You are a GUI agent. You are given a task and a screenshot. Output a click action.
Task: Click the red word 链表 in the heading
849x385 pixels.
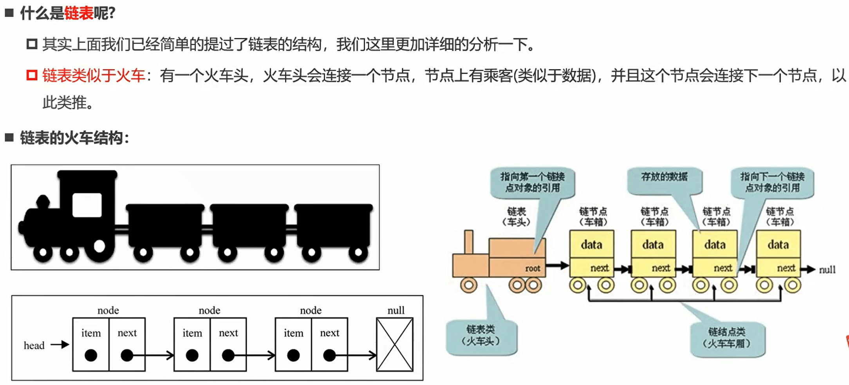(x=79, y=13)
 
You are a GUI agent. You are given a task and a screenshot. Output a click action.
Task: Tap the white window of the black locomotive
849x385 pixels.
(x=87, y=205)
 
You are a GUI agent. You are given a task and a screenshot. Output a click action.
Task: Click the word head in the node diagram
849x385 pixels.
(x=34, y=345)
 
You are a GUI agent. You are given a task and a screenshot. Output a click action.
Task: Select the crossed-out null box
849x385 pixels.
(x=394, y=345)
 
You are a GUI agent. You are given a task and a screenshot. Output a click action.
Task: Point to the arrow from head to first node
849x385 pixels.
(x=60, y=345)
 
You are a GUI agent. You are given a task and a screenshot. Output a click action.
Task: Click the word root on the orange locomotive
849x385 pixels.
(x=532, y=269)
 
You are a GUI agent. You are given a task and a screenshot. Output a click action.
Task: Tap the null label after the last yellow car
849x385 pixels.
(x=827, y=270)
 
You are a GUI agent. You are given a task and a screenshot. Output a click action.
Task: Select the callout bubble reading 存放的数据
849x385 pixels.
(x=664, y=178)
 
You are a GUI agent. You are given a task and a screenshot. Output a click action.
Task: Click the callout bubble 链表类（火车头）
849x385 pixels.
(x=481, y=336)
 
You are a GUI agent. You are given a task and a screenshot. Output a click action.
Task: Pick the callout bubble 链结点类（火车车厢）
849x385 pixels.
(x=727, y=338)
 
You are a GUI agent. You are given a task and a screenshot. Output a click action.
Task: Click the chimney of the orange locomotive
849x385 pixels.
(x=468, y=242)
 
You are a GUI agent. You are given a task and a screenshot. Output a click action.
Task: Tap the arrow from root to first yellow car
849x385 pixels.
(x=557, y=266)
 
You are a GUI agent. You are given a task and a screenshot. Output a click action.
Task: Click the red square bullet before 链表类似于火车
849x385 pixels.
(x=32, y=75)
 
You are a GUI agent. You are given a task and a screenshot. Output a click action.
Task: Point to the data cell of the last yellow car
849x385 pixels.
(x=778, y=245)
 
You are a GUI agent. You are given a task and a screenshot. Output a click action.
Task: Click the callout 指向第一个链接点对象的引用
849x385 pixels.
(x=532, y=182)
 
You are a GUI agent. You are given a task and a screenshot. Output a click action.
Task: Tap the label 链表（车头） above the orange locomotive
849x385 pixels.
(x=516, y=217)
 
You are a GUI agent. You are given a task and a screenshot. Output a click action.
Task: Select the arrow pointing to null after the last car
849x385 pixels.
(x=808, y=269)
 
